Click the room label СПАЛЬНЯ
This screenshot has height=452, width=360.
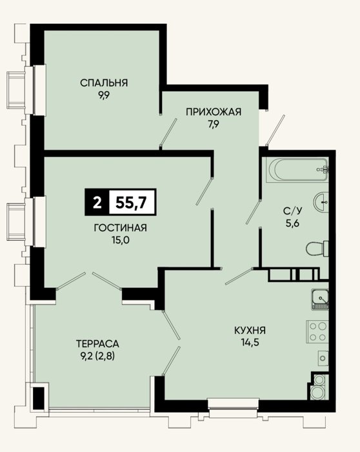(104, 83)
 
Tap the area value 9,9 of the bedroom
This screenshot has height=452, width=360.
(104, 96)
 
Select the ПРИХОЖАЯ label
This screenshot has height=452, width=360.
(214, 112)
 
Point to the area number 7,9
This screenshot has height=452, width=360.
(214, 124)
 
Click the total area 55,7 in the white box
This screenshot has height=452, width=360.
(132, 202)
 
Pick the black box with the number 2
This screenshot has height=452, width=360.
(97, 202)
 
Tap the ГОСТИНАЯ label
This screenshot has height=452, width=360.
(121, 228)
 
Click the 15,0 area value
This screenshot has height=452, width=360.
(121, 240)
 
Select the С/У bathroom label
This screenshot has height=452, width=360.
(293, 211)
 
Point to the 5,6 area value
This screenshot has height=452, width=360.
(293, 223)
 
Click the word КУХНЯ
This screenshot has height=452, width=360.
(250, 330)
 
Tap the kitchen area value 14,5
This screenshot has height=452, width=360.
(250, 342)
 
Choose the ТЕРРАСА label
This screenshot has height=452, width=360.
(97, 344)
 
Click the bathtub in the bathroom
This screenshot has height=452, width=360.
(297, 169)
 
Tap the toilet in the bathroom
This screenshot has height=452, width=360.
(317, 249)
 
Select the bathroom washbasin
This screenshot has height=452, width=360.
(321, 202)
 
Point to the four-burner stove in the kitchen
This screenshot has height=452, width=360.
(317, 332)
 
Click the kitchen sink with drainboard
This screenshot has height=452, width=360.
(320, 300)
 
